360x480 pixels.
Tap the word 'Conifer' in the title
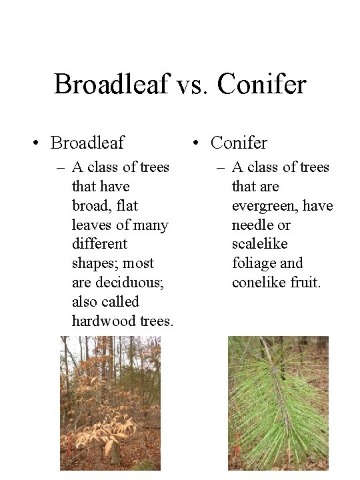261,84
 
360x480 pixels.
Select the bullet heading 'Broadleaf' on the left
87,142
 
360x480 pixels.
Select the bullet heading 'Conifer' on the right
238,142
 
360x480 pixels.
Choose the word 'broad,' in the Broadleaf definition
93,205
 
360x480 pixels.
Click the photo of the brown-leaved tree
110,403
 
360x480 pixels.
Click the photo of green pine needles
278,403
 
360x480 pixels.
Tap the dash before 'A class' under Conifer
221,167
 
